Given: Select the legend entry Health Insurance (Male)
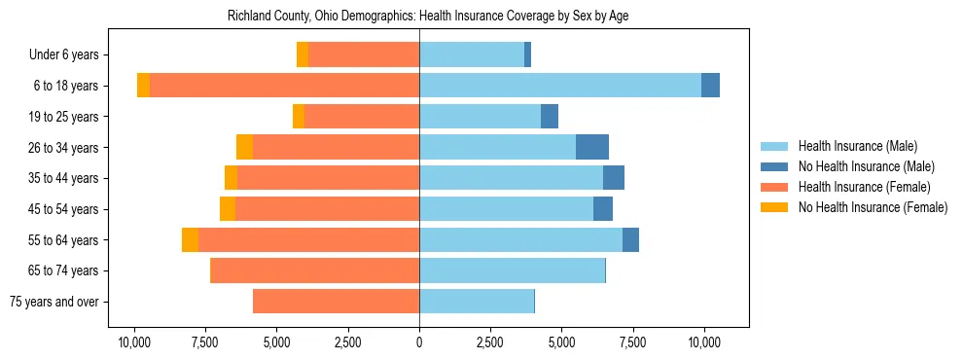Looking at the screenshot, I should tap(857, 146).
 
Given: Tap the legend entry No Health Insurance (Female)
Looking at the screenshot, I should tap(873, 207).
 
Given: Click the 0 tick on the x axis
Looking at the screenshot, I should tap(419, 342).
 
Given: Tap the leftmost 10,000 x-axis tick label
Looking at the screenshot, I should tap(134, 342).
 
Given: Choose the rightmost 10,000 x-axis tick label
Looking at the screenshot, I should tap(704, 342).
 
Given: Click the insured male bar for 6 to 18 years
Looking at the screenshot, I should tap(559, 86).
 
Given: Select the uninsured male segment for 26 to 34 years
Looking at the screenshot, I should tap(592, 147).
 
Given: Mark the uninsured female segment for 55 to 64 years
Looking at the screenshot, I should tap(190, 240).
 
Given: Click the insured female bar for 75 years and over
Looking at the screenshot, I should tap(336, 302).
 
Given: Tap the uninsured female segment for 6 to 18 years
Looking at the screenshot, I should tap(143, 86).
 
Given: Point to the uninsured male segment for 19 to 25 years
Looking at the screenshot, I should tap(550, 117).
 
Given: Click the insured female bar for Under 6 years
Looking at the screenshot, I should tap(364, 55).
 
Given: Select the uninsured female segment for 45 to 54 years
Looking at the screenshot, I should tap(228, 209).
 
